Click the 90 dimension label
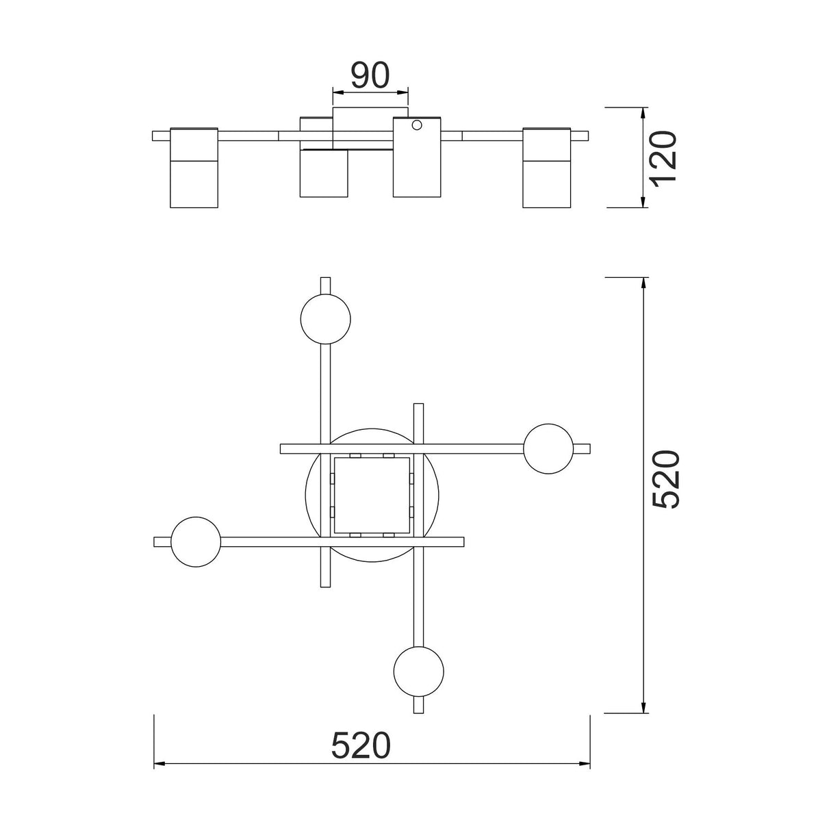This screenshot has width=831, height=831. [370, 75]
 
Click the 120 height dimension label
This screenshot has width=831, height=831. [664, 159]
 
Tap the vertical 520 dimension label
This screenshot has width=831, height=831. [665, 479]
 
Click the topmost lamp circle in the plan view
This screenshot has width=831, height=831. [326, 319]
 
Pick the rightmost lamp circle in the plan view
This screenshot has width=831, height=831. [548, 449]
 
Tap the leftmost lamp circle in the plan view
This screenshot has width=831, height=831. [196, 542]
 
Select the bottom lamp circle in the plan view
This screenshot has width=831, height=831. [419, 672]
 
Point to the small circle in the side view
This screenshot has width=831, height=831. [417, 125]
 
